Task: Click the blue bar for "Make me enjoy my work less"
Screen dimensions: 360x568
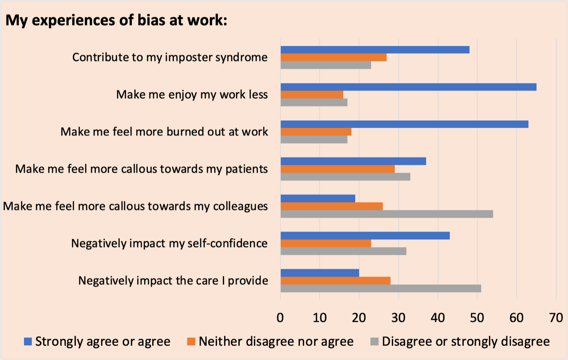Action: point(408,87)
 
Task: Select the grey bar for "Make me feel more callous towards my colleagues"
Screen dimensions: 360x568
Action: point(387,214)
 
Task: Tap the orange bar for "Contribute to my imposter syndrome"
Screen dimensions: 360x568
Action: point(333,57)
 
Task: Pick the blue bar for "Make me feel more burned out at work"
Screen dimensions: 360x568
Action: point(404,124)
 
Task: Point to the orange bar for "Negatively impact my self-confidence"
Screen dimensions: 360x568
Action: point(326,243)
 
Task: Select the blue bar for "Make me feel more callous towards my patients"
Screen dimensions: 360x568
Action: point(353,161)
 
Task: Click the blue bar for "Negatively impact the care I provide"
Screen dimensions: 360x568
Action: point(319,273)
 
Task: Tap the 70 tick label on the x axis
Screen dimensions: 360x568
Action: point(556,318)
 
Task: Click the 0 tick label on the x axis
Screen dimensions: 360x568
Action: point(280,318)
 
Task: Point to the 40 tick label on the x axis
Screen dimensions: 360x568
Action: point(438,318)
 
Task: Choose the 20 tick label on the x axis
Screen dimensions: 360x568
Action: point(359,318)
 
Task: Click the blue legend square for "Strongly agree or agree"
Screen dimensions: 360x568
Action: point(28,341)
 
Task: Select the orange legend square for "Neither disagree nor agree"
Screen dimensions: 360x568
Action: point(191,341)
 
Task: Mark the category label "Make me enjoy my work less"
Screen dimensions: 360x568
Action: point(192,95)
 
